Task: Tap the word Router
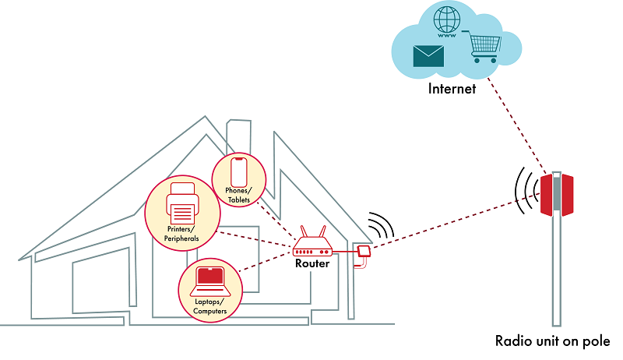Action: click(312, 264)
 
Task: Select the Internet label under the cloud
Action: click(452, 89)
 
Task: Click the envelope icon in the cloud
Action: click(428, 55)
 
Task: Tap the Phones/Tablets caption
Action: click(239, 196)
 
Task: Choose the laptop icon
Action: click(209, 278)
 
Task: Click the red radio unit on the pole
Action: click(557, 195)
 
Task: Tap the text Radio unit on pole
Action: click(553, 341)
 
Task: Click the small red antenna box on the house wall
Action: click(363, 251)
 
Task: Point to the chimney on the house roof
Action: click(237, 132)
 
